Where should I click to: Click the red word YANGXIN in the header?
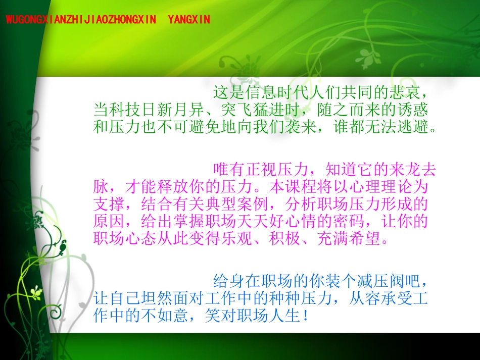[188, 20]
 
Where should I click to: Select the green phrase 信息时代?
[273, 92]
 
